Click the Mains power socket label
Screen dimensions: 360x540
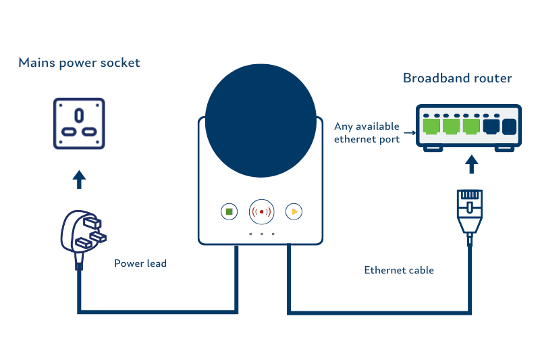tap(79, 63)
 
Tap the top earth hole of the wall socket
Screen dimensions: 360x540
tap(79, 112)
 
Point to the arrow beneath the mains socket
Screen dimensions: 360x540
tap(79, 179)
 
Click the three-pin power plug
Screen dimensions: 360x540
tap(80, 234)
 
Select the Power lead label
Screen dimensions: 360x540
tap(140, 263)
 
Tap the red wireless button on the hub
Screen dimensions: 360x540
tap(261, 211)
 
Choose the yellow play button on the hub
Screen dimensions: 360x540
tap(293, 211)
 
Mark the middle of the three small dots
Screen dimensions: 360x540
tap(261, 234)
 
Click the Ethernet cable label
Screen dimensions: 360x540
tap(399, 270)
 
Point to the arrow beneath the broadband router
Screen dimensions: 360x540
tap(472, 164)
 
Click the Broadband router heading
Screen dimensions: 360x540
tap(457, 78)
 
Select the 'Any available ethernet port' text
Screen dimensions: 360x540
tap(367, 132)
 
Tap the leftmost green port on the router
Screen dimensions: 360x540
tap(430, 126)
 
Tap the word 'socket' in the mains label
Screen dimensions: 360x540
tap(121, 63)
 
